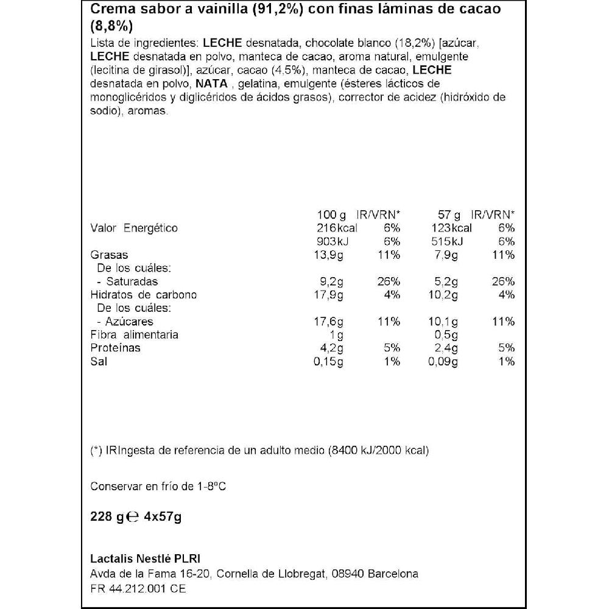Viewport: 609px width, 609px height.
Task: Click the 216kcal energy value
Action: coord(336,228)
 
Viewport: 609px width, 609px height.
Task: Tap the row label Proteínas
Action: coord(115,348)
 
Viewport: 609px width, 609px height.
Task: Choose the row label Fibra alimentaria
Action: coord(134,335)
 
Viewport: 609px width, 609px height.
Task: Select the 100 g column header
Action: coord(332,214)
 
